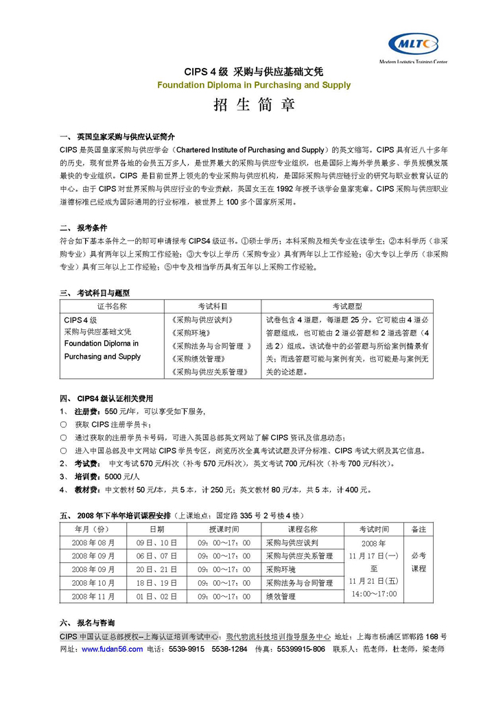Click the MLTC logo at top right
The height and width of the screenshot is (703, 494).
pos(412,45)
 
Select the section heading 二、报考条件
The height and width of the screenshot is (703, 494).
pos(83,227)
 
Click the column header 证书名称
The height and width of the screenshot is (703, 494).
pos(112,306)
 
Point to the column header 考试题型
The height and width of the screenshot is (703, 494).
pos(347,306)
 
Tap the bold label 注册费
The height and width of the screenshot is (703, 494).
pos(86,412)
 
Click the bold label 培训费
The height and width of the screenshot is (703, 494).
pos(86,477)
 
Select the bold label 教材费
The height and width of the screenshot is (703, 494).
pos(86,490)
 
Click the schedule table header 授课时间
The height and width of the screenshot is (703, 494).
pos(224,529)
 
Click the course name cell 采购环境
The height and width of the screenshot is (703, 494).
pos(281,569)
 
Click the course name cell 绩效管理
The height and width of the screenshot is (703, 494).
pos(281,596)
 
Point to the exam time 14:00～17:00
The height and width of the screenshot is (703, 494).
pos(374,594)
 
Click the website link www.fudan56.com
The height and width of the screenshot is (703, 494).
pos(112,649)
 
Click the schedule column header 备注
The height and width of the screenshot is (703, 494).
pos(419,529)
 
